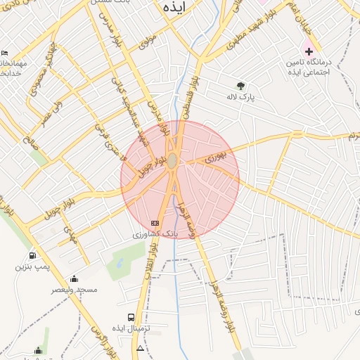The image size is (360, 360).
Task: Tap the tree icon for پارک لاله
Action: point(241,86)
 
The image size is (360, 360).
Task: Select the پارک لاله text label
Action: point(240,97)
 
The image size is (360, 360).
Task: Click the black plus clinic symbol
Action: point(309,51)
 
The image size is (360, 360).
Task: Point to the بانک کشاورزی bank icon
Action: point(155,223)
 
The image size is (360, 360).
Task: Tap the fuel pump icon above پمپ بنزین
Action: point(32,255)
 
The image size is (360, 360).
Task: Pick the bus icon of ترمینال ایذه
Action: point(131,318)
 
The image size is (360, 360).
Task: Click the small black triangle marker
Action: point(140,348)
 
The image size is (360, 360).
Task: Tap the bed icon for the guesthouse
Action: point(5,54)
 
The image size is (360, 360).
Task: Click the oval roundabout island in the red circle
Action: point(172,160)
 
